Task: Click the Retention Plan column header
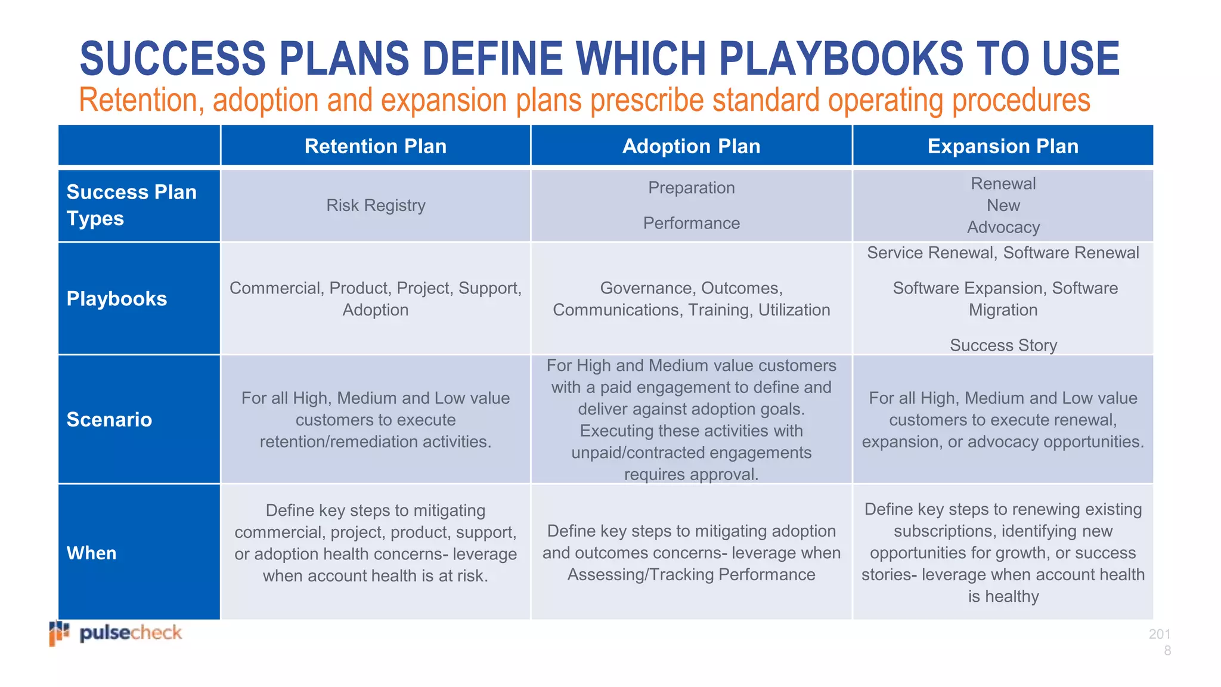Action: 376,146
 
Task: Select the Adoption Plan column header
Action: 691,146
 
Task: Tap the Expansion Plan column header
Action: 1003,146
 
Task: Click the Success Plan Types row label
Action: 131,205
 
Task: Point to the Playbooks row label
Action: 117,299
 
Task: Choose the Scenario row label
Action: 109,420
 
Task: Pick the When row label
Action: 92,553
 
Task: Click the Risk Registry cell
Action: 376,206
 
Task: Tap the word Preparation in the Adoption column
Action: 691,188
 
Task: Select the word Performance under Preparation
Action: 691,223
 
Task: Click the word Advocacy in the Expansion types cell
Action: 1003,227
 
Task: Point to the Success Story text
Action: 1003,345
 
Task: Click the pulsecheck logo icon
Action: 59,633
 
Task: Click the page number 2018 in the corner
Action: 1160,642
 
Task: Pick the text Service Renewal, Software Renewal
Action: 1003,253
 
